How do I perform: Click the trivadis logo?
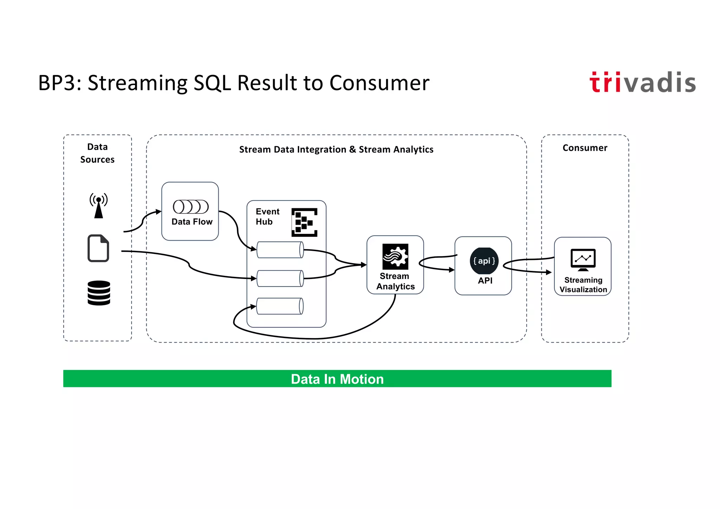pos(642,83)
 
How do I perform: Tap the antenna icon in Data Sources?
pos(98,206)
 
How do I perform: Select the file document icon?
pos(98,248)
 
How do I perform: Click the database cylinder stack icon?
pos(99,293)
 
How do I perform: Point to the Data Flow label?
pos(192,222)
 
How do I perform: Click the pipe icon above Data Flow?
pos(191,206)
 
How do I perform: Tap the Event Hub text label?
pos(267,216)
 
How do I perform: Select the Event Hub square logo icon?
pos(304,222)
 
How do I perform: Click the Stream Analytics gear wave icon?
pos(395,256)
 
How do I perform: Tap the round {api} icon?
pos(484,261)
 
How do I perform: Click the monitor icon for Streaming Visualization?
pos(583,260)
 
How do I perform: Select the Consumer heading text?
pos(585,148)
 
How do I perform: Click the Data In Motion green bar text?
pos(337,379)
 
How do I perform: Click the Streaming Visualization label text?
pos(583,285)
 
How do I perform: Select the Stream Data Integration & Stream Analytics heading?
pos(336,149)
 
